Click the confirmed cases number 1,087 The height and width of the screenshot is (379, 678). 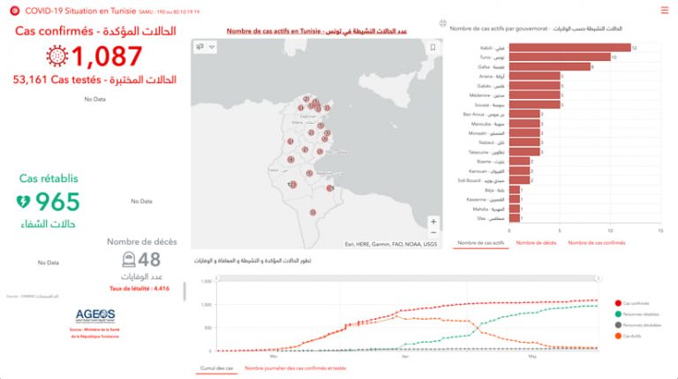click(x=107, y=57)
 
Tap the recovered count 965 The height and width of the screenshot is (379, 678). click(x=58, y=201)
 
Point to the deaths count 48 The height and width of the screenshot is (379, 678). click(x=148, y=258)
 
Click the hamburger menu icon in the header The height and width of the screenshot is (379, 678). click(x=664, y=10)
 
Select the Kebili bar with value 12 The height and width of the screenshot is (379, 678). click(x=570, y=48)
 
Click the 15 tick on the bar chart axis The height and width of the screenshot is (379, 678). click(x=660, y=230)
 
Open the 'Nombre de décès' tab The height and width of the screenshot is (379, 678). click(x=536, y=242)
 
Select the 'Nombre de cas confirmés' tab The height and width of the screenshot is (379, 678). click(x=602, y=242)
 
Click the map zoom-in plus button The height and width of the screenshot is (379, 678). click(x=433, y=222)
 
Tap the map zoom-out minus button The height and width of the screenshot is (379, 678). click(x=433, y=236)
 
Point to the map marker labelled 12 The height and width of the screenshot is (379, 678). click(x=290, y=184)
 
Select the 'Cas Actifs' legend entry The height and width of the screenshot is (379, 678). click(x=629, y=336)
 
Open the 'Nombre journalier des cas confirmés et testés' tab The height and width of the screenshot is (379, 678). click(x=295, y=368)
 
